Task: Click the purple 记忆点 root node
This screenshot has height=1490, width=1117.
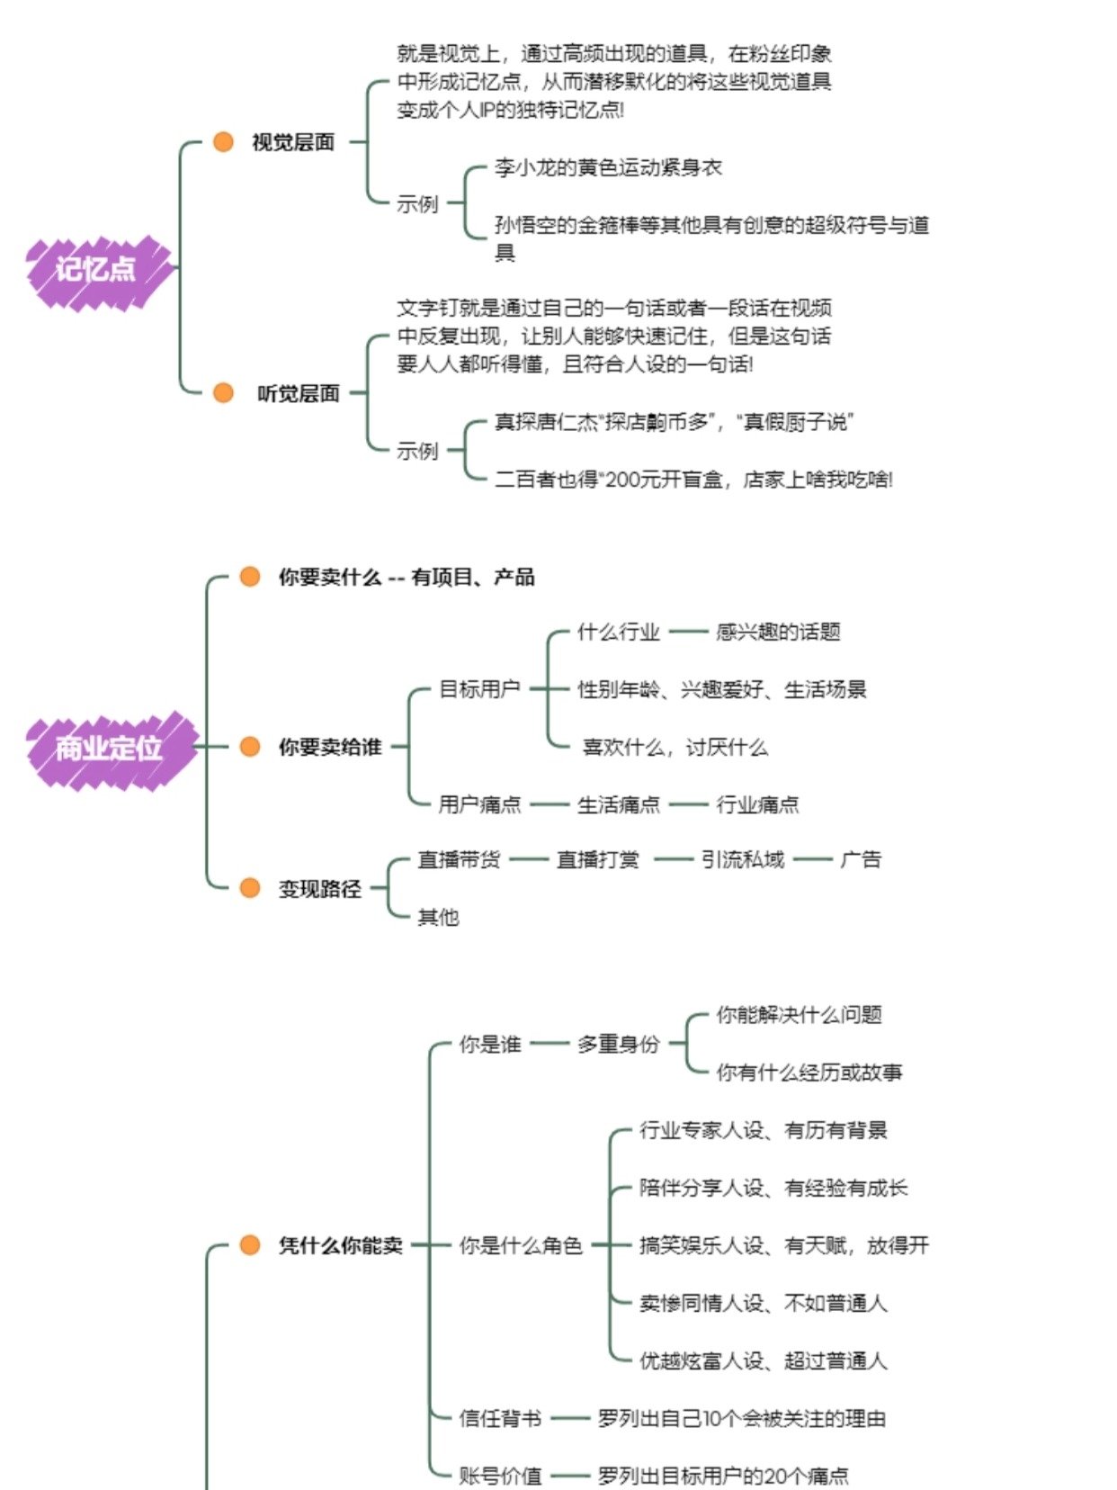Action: coord(97,269)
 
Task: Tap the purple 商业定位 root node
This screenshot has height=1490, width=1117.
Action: coord(109,748)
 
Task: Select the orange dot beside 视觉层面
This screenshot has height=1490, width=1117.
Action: coord(223,141)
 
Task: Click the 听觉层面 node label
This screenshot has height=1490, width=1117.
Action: coord(298,393)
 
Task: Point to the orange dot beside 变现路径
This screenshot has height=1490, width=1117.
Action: coord(250,888)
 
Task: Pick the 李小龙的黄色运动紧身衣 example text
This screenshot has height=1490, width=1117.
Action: coord(608,168)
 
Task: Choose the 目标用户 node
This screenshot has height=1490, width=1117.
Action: coord(479,689)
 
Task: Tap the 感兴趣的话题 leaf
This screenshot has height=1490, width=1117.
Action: coord(778,632)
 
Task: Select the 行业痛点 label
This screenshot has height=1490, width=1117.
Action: coord(757,804)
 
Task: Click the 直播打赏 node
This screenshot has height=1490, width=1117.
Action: coord(598,860)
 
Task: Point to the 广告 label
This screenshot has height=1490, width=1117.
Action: coord(861,860)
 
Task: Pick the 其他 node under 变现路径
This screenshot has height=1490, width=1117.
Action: coord(438,917)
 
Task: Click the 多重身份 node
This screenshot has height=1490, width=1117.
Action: coord(619,1044)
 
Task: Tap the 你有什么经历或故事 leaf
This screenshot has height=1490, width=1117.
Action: coord(809,1073)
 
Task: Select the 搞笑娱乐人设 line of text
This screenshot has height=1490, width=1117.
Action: coord(783,1245)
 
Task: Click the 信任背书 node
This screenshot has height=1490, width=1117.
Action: coord(500,1419)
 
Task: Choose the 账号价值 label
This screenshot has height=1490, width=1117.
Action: coord(500,1477)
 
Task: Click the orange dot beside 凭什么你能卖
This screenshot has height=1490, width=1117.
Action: coord(250,1245)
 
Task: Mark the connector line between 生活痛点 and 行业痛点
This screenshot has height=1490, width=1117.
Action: coord(688,804)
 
